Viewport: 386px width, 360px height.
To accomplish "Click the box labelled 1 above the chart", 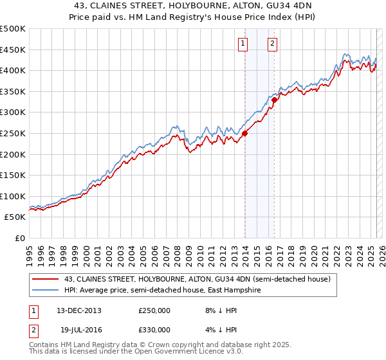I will [243, 44].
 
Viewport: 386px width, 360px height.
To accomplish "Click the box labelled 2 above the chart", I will [273, 44].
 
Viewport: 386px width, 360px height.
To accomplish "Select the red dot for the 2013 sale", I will [245, 133].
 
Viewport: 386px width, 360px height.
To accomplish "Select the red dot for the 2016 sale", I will [275, 100].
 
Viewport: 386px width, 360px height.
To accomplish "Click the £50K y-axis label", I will [15, 217].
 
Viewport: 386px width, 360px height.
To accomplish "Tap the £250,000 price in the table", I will [154, 310].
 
